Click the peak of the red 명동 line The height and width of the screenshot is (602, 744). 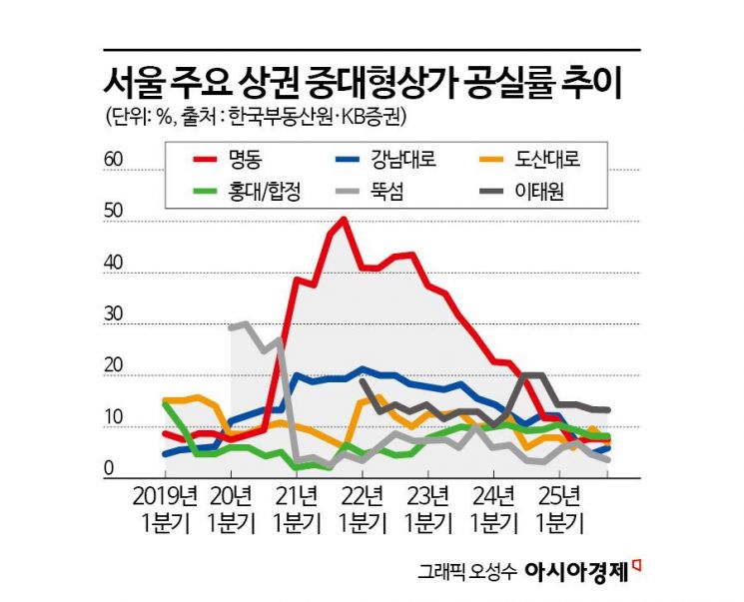point(344,219)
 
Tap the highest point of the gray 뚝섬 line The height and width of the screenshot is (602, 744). point(245,324)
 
